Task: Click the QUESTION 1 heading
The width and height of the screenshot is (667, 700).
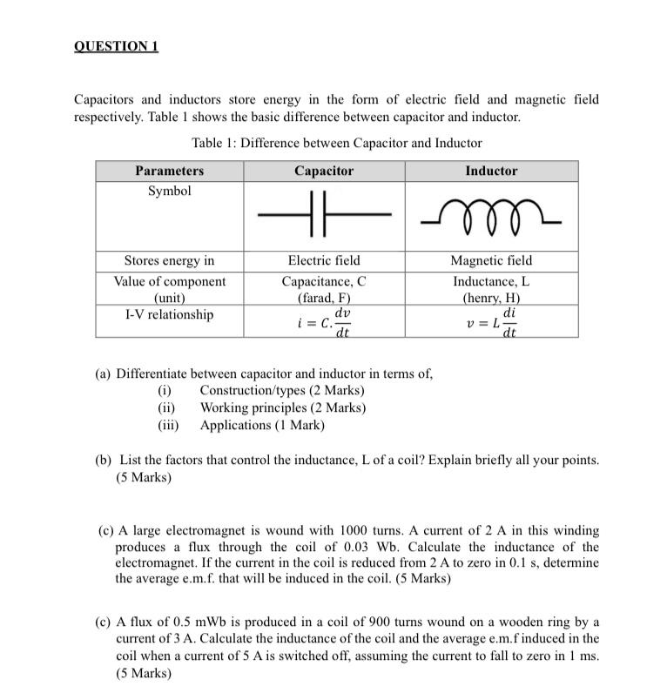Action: pyautogui.click(x=116, y=46)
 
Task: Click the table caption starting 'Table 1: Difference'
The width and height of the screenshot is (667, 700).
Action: pyautogui.click(x=335, y=142)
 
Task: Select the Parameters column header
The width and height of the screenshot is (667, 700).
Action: pyautogui.click(x=169, y=171)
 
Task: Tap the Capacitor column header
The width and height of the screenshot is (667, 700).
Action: pyautogui.click(x=324, y=171)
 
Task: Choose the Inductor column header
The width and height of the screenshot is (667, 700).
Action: pyautogui.click(x=491, y=171)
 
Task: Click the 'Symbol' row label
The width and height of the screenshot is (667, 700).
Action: pyautogui.click(x=169, y=191)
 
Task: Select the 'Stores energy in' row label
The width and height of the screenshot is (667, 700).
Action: pyautogui.click(x=169, y=260)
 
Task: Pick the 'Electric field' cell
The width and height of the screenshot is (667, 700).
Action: pyautogui.click(x=324, y=260)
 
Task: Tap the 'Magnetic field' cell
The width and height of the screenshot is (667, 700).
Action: pyautogui.click(x=491, y=260)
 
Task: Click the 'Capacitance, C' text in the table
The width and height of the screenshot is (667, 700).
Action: pyautogui.click(x=324, y=281)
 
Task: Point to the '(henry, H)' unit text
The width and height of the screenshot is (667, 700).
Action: pyautogui.click(x=491, y=298)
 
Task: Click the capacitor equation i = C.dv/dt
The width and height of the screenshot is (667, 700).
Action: pyautogui.click(x=324, y=323)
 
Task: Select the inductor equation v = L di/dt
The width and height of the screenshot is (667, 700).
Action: pyautogui.click(x=491, y=323)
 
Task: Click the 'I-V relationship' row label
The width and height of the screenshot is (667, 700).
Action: pyautogui.click(x=169, y=314)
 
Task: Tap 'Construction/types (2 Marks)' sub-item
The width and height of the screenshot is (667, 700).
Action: pyautogui.click(x=282, y=390)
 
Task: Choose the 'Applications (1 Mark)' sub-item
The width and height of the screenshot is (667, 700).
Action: pyautogui.click(x=262, y=425)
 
